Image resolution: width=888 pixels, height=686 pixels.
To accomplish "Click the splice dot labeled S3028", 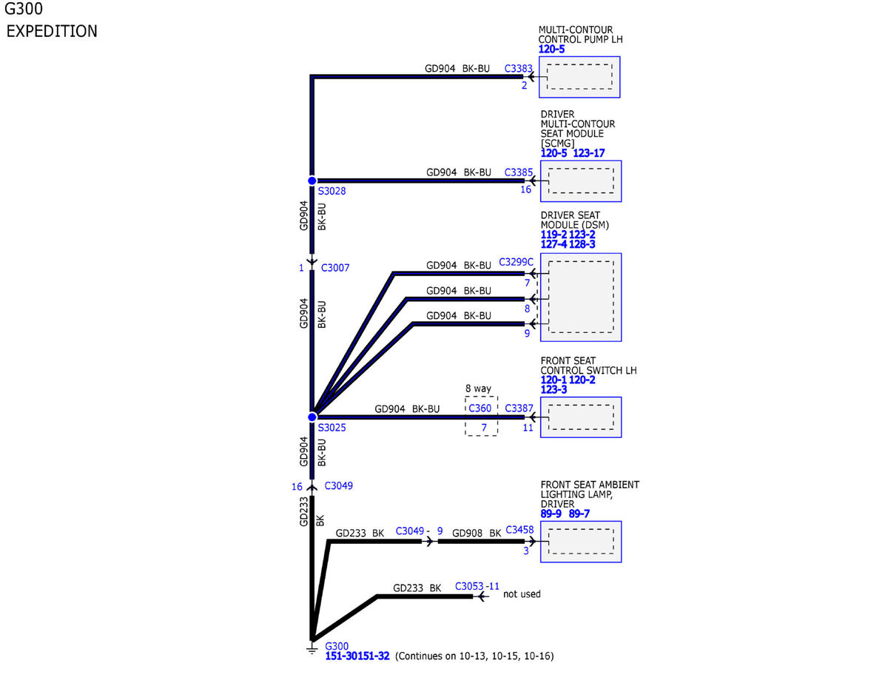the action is coord(312,181).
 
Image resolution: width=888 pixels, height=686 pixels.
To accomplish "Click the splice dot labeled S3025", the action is coord(312,417).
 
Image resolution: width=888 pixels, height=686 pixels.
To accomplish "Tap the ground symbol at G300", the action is coord(312,650).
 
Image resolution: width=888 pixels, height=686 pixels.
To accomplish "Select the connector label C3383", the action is coord(518,68).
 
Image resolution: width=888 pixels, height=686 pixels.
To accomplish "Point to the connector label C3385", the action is coord(518,172).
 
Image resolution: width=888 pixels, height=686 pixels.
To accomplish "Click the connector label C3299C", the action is coord(516,262).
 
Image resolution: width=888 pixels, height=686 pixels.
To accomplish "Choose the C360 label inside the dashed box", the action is coord(480,408).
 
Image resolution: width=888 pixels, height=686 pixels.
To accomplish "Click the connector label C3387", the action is coord(519,408).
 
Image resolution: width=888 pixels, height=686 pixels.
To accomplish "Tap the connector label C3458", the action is coord(519,530).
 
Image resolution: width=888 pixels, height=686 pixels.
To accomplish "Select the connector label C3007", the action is coord(335,268).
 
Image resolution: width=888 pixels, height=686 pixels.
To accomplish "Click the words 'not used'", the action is coord(522,594).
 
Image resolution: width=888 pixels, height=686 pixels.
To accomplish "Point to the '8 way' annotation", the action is coord(478,389).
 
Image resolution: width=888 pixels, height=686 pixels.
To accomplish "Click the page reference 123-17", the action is coord(588,153).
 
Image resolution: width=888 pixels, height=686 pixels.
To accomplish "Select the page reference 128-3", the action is coord(582,244).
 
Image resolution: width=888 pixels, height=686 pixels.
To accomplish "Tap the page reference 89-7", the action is coord(579,514).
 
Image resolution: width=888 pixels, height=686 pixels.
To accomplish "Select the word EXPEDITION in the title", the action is coord(52,32).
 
